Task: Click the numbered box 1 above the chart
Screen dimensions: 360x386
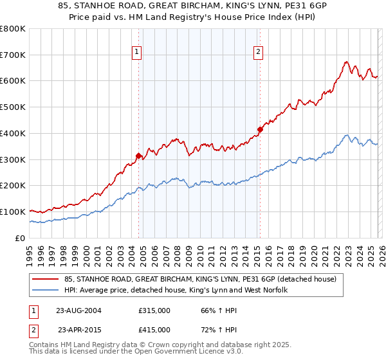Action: [138, 53]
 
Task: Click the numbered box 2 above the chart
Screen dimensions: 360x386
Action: [258, 53]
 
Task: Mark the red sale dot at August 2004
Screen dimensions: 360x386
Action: [138, 155]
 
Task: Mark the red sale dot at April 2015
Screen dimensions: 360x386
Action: [260, 129]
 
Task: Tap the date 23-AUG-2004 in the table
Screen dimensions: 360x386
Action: [79, 310]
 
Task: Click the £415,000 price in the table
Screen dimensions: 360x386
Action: [154, 330]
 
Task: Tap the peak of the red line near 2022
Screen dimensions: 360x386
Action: [346, 62]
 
